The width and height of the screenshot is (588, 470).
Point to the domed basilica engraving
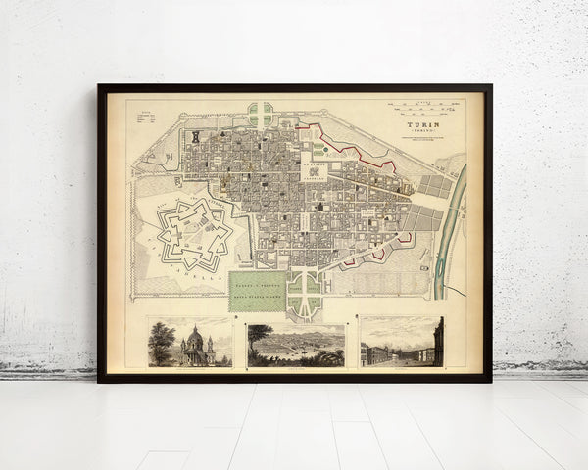(x=190, y=342)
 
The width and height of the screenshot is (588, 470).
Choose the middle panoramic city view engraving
(x=296, y=345)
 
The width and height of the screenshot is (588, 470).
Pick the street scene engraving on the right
(x=402, y=342)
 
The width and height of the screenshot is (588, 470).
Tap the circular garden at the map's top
(x=261, y=113)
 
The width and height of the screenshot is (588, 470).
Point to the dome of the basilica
(x=195, y=336)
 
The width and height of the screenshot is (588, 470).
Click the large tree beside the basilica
(x=162, y=340)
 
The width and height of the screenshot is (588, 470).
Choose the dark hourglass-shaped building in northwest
(x=195, y=136)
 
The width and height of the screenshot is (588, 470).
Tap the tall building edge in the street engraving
(x=438, y=341)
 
